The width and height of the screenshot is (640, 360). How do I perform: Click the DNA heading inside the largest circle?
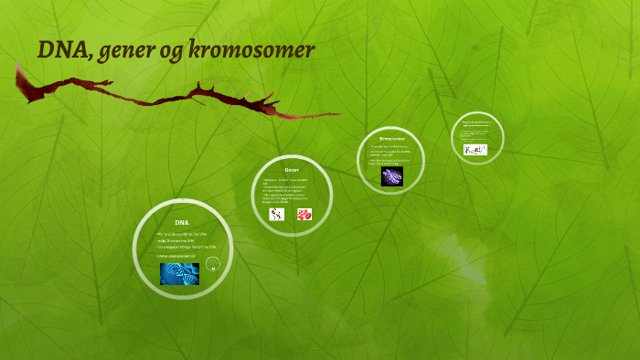tap(182, 222)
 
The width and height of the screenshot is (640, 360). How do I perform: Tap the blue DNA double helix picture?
tap(179, 273)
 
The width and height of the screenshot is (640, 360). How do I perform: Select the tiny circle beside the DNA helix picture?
tap(212, 265)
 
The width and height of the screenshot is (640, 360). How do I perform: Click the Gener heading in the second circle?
tap(292, 170)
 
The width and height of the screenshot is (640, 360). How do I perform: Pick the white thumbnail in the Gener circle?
tap(277, 215)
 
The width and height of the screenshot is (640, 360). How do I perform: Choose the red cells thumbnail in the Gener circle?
tap(304, 215)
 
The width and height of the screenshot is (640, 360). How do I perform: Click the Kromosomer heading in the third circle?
tap(391, 138)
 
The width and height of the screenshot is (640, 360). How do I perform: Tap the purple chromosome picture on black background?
tap(392, 175)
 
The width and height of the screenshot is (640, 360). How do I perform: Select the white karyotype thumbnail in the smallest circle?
tap(475, 150)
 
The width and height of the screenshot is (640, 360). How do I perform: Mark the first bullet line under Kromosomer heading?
tap(389, 146)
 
